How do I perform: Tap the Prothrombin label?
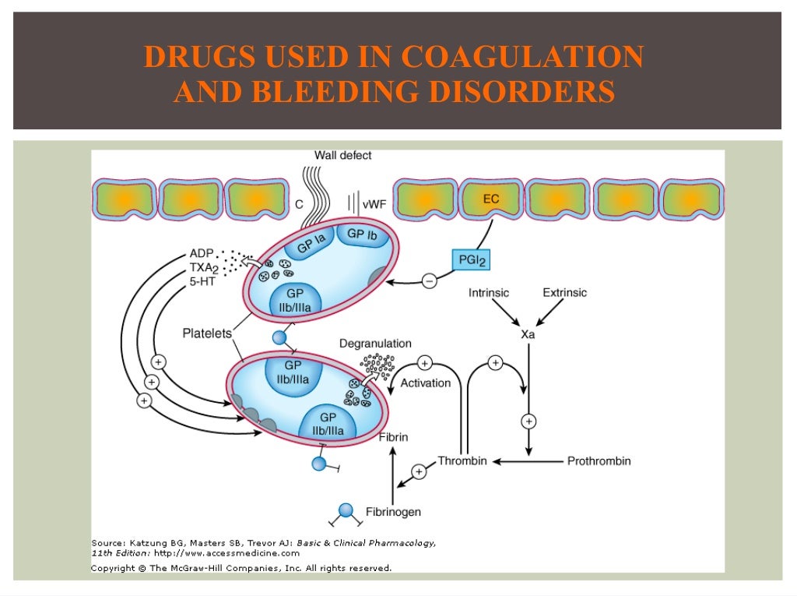click(599, 461)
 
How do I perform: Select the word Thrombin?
click(462, 461)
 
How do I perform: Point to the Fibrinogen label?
click(393, 512)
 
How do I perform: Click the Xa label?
click(528, 334)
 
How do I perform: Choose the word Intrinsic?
click(489, 293)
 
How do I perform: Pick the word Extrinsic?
click(564, 293)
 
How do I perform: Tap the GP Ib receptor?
click(367, 235)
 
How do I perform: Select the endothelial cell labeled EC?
click(491, 200)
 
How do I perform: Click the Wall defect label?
click(342, 155)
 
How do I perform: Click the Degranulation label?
click(375, 344)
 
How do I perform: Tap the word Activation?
click(425, 383)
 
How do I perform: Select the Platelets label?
click(207, 333)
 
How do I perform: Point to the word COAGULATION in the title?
click(522, 57)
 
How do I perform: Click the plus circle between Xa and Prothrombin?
click(529, 421)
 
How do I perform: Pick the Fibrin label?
click(393, 438)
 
